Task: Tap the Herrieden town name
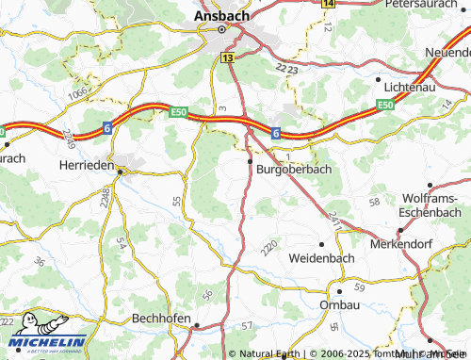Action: coord(84,165)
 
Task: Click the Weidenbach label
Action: coord(319,256)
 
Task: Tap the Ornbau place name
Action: coord(339,305)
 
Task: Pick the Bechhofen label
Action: coord(162,319)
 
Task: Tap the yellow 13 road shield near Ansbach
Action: coord(228,58)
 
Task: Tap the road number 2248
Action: coord(105,197)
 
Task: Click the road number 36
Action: coord(39,261)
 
